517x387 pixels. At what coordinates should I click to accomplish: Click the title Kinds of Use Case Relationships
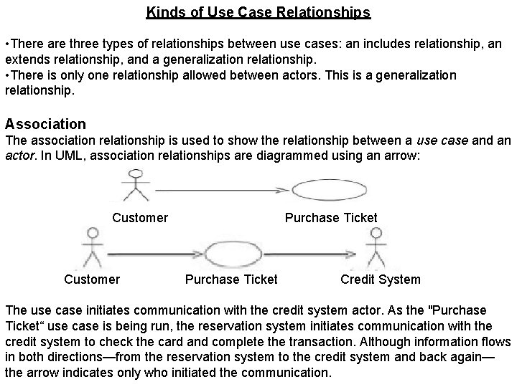click(x=258, y=12)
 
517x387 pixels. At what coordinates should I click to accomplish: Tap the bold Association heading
click(x=45, y=124)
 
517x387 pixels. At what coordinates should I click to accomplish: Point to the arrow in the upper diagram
click(x=223, y=190)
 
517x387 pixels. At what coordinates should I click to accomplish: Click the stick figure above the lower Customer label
click(x=92, y=247)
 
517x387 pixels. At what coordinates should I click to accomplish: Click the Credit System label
click(x=381, y=279)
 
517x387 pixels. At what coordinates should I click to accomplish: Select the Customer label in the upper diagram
click(x=140, y=217)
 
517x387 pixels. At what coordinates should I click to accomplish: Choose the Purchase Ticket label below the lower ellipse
click(x=231, y=279)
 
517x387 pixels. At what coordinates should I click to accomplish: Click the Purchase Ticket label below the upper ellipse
click(x=331, y=217)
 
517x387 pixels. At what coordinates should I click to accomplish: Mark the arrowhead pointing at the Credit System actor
click(x=351, y=254)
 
